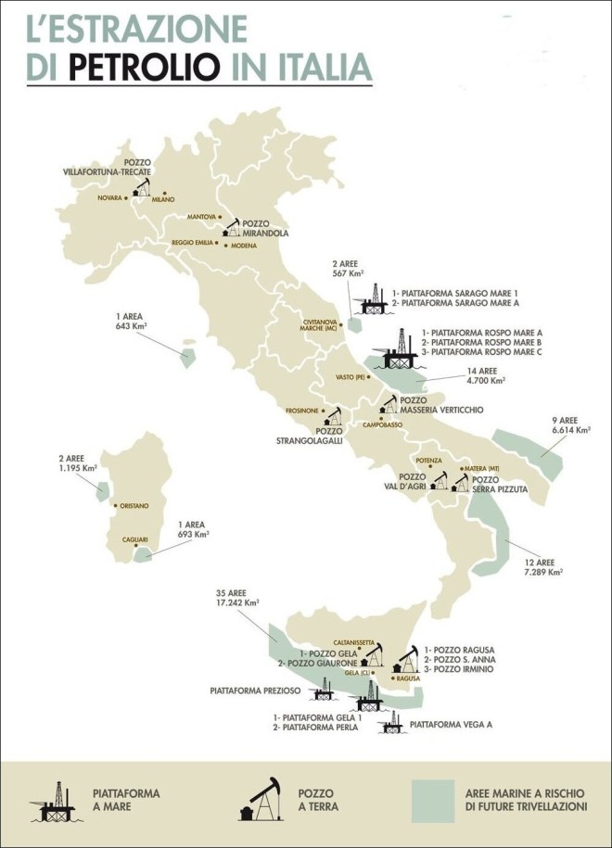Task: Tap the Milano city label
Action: coord(163,199)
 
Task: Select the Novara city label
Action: coord(109,197)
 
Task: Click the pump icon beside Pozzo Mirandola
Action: coord(230,228)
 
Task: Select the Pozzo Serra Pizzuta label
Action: coord(499,484)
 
